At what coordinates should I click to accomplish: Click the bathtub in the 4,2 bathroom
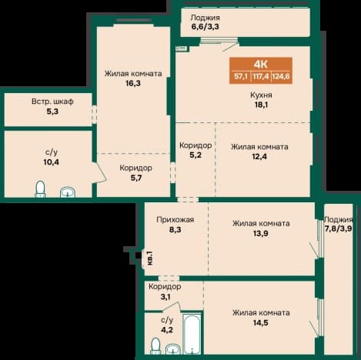(192, 334)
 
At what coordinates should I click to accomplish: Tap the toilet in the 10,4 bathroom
(40, 189)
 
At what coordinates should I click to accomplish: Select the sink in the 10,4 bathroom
(68, 192)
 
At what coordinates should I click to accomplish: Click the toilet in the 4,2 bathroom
(155, 346)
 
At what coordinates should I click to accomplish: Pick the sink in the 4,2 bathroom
(173, 349)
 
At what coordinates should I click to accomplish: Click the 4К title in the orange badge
(261, 64)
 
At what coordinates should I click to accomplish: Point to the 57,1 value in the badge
(241, 76)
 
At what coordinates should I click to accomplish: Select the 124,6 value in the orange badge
(281, 76)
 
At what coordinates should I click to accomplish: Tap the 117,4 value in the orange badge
(261, 76)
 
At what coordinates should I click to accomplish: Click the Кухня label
(261, 95)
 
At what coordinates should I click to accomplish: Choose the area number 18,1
(260, 105)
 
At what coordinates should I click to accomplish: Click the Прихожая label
(175, 220)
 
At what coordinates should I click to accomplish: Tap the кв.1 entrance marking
(150, 258)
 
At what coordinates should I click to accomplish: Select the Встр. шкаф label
(52, 102)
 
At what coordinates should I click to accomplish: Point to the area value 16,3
(133, 83)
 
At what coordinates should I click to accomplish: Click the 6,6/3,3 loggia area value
(205, 26)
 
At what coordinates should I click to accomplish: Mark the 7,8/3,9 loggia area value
(338, 228)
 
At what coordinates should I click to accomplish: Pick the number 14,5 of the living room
(261, 322)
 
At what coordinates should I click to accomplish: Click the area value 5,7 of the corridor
(136, 178)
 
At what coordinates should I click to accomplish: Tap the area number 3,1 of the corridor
(165, 297)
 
